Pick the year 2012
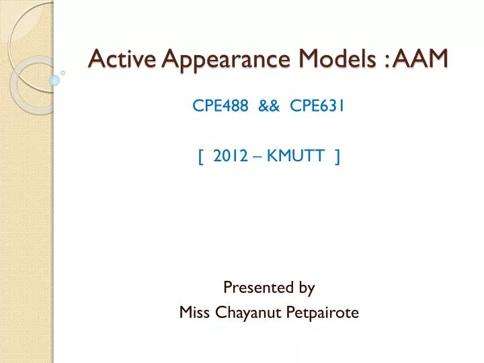pos(228,157)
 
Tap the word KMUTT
pos(294,157)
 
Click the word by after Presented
pos(307,288)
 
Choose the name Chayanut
pos(245,312)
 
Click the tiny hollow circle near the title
pos(63,71)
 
